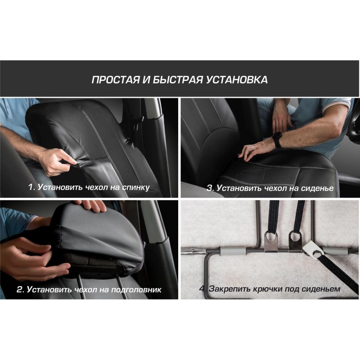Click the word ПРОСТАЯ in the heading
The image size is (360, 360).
116,80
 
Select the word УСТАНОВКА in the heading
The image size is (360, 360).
237,80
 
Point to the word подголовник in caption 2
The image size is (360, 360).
136,290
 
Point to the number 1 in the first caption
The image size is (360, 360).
31,187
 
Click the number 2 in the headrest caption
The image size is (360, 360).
20,289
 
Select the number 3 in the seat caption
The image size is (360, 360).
210,188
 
